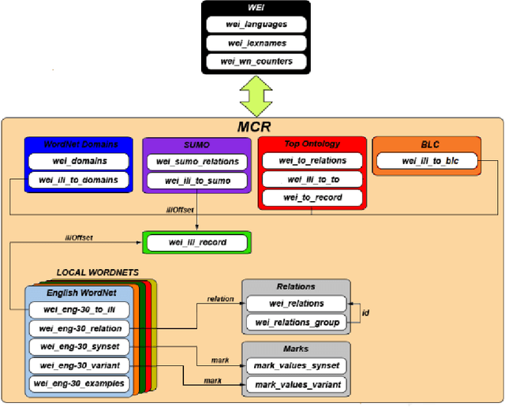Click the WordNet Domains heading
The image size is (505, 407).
(76, 144)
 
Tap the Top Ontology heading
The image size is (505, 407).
(312, 144)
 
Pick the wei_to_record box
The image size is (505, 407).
(312, 197)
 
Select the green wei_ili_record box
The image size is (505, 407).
(196, 242)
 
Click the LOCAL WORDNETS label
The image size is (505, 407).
(97, 272)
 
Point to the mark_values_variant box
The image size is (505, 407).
(296, 384)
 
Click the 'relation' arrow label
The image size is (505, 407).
(220, 300)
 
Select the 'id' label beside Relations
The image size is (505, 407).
(365, 312)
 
